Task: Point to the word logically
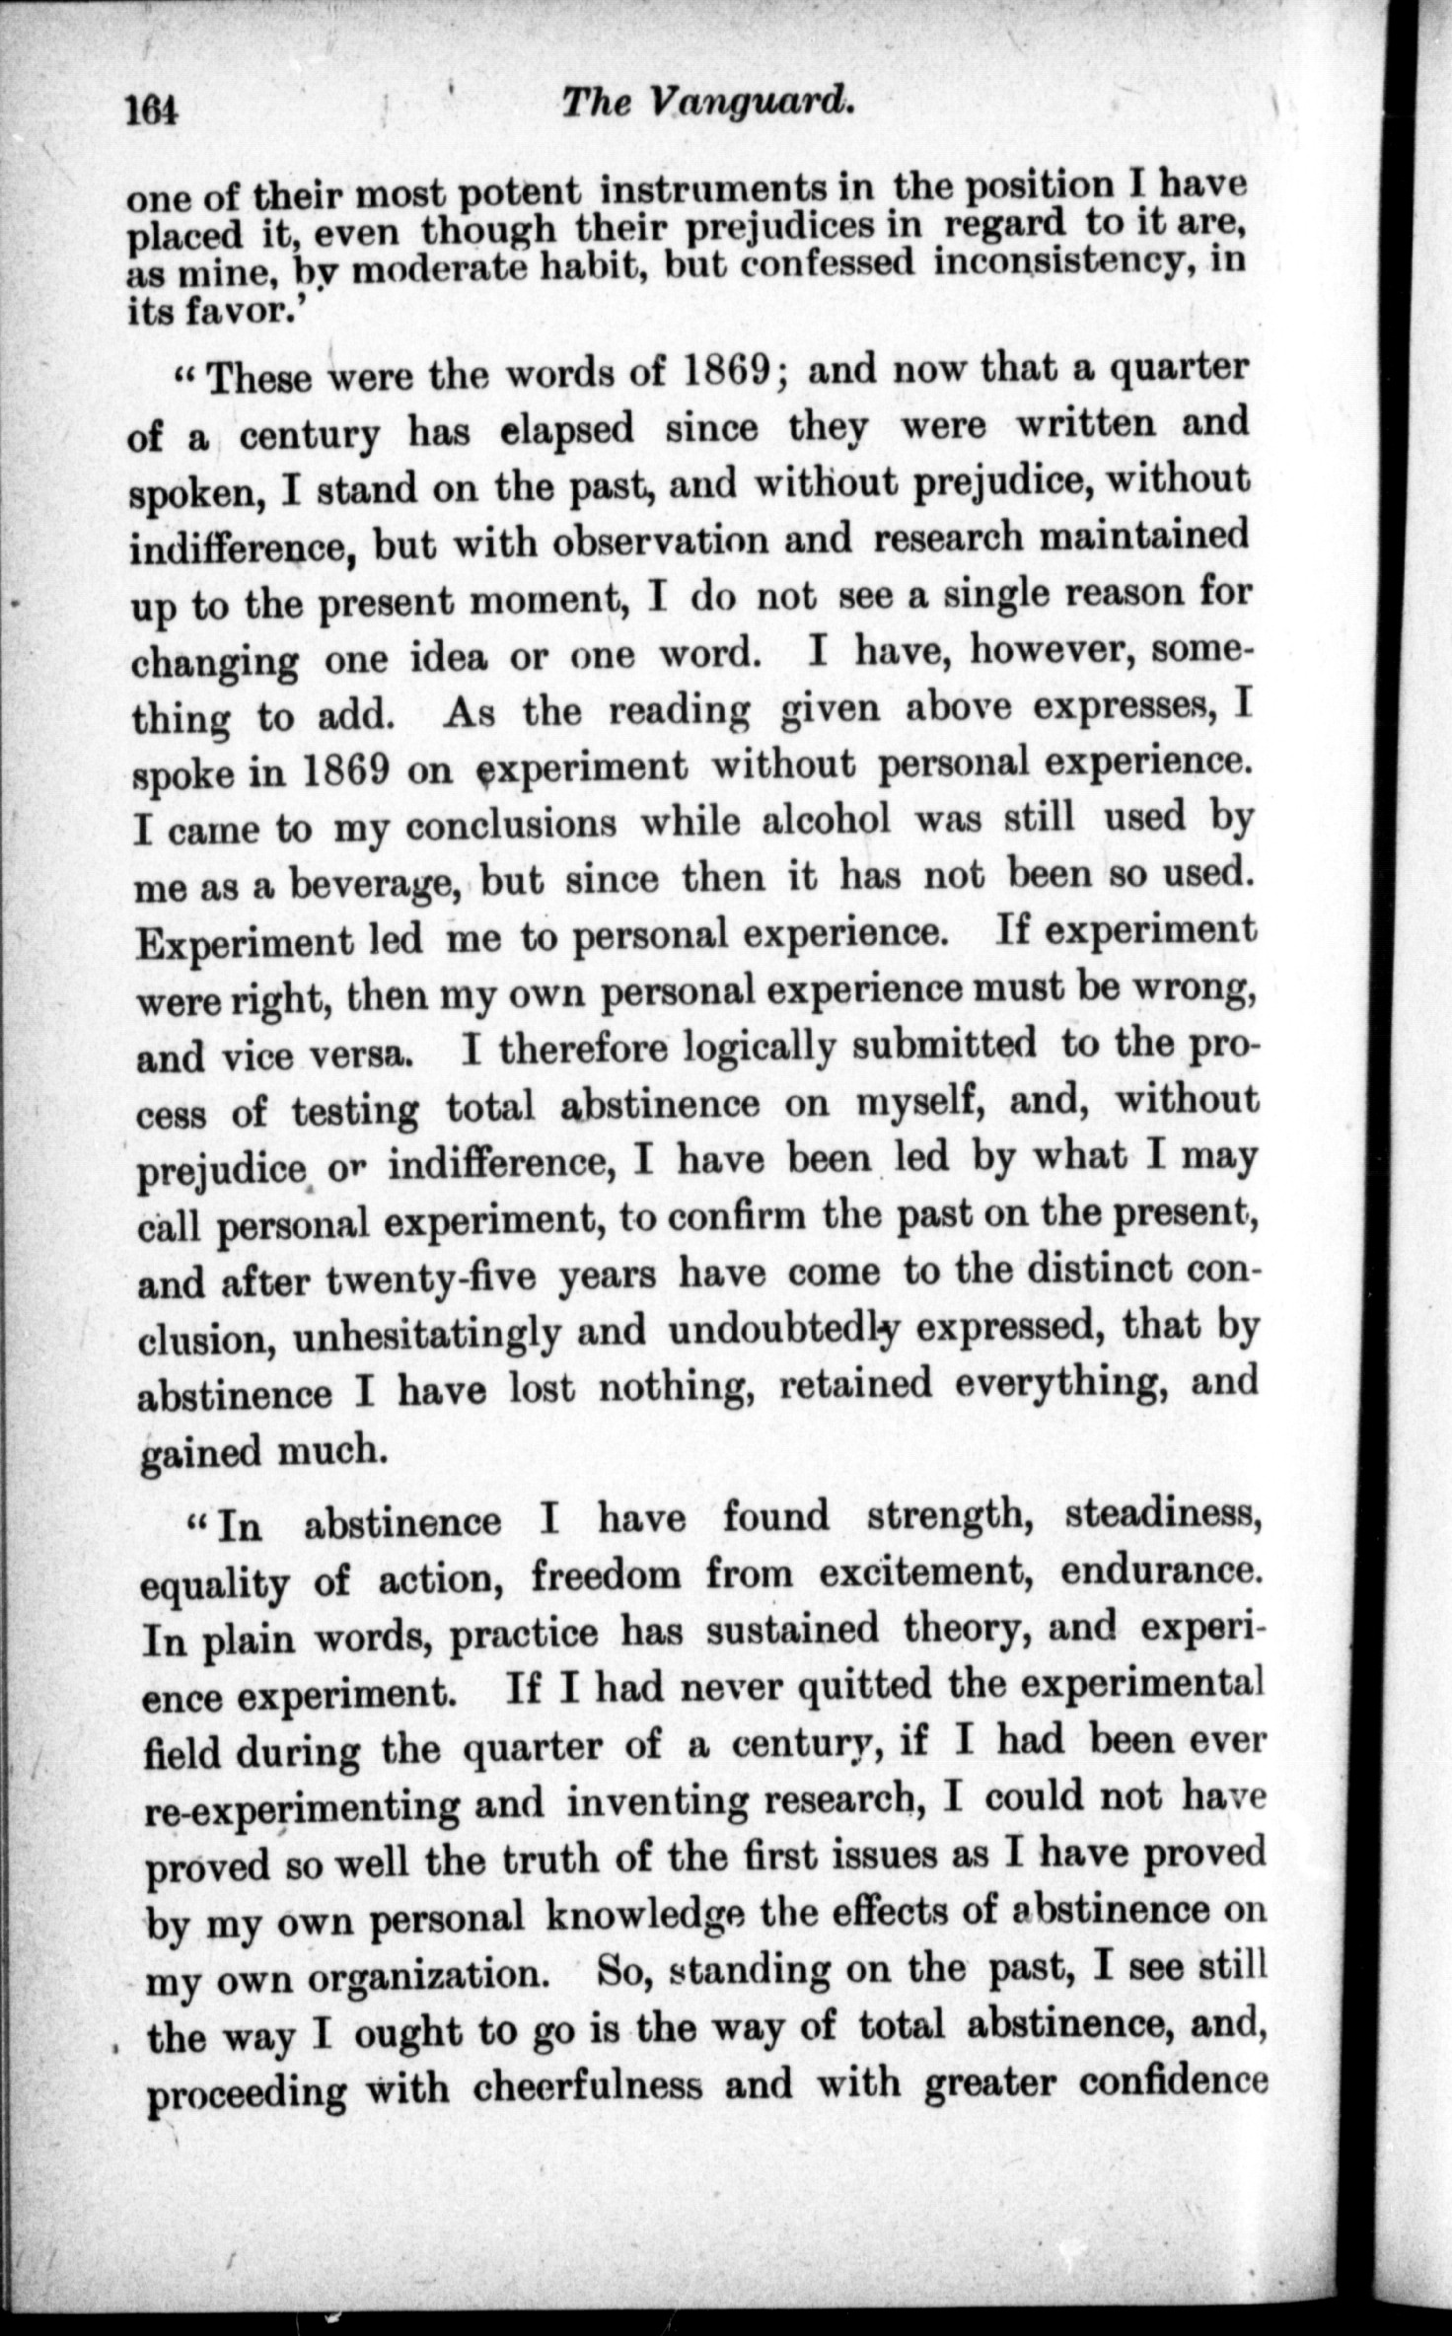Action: (x=760, y=1049)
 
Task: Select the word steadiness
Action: (x=1163, y=1516)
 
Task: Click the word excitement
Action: (x=925, y=1572)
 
